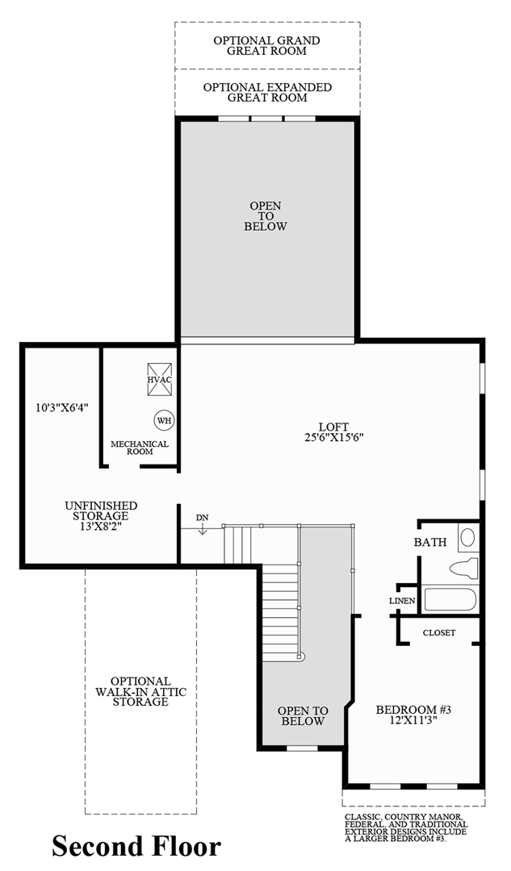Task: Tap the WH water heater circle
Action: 164,420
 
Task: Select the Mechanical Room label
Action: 140,448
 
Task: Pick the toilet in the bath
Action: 463,568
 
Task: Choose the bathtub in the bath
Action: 450,599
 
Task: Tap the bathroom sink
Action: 467,537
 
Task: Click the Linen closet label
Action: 402,601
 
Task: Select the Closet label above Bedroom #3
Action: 439,633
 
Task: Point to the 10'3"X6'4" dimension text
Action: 61,407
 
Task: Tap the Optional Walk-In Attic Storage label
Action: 140,691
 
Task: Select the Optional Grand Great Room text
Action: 266,46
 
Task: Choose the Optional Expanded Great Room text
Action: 266,92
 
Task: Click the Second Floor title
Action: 136,846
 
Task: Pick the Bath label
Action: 430,542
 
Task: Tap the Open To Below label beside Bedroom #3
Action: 303,715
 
